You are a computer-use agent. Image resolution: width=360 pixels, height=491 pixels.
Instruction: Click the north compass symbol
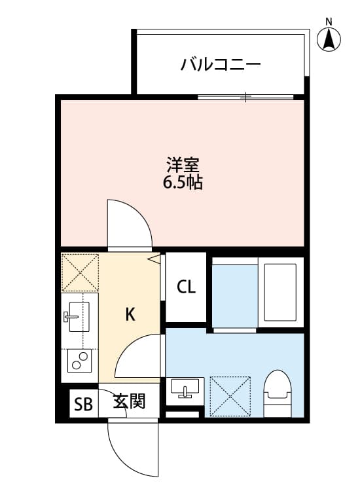click(x=329, y=38)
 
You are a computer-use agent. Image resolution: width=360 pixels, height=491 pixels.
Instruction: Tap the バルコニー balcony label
click(x=221, y=64)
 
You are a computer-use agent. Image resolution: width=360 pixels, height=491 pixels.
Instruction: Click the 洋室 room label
click(x=183, y=164)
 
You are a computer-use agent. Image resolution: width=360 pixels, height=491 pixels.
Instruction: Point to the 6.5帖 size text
click(x=183, y=183)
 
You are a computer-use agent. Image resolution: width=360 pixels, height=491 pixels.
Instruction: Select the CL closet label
click(x=186, y=287)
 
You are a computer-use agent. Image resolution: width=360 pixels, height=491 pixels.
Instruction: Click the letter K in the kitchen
click(x=130, y=315)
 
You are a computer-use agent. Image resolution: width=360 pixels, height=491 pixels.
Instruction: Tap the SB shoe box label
click(x=83, y=404)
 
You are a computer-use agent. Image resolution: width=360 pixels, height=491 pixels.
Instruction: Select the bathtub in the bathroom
click(x=281, y=291)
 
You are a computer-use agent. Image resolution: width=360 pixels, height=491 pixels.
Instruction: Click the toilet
click(x=278, y=393)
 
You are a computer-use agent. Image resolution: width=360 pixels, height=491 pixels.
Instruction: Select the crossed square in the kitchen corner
click(x=79, y=272)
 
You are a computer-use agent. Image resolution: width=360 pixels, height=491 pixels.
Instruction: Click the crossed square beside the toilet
click(x=230, y=395)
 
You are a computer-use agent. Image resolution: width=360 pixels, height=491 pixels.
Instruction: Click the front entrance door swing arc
click(x=133, y=445)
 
